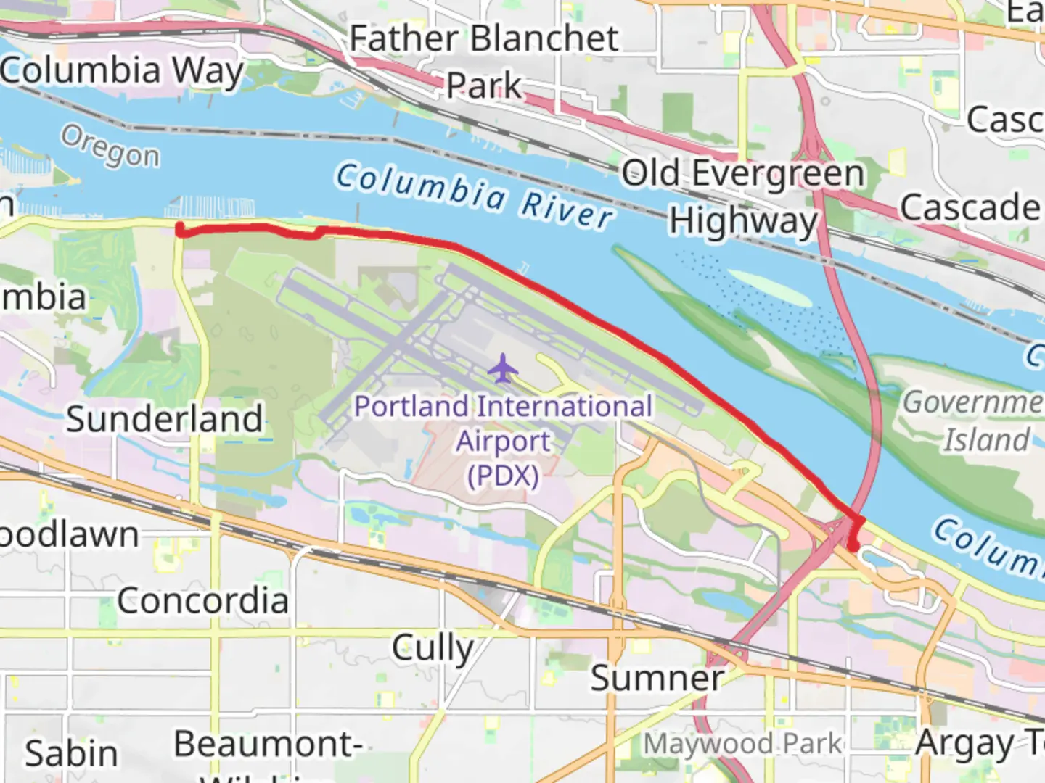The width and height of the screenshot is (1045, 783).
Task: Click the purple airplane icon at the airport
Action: coord(503,368)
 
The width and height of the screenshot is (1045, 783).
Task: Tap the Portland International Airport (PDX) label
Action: coord(503,441)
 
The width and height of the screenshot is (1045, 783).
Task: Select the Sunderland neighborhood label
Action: coord(165,419)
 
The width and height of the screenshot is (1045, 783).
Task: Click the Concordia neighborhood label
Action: coord(202,600)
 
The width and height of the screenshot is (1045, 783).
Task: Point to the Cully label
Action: coord(433,647)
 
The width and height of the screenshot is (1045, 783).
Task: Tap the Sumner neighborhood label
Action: coord(657,679)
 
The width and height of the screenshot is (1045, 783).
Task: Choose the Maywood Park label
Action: coord(742,744)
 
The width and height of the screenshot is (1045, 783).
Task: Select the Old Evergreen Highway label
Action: coord(743,196)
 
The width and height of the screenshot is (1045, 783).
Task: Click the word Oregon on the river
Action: coord(110,146)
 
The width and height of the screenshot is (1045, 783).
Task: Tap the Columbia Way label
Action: coord(121,71)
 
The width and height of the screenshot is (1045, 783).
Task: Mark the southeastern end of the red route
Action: coord(853,547)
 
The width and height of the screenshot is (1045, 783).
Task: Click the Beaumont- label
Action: coord(268,744)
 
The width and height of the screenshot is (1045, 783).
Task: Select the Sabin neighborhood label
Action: coord(71,754)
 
